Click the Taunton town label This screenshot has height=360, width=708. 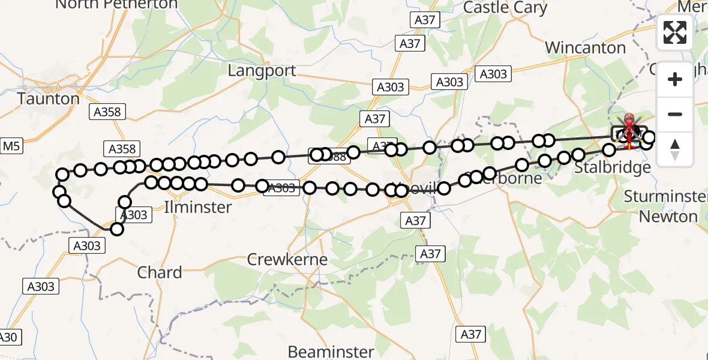coord(49,98)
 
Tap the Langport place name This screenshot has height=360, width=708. coord(262,70)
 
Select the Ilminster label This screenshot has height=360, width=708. coord(198,207)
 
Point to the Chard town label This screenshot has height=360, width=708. coord(160,272)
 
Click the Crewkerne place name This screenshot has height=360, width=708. coord(287,260)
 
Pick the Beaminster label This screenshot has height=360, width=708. coord(331,351)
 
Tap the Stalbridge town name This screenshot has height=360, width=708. coord(612,167)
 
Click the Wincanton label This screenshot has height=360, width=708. coord(585,47)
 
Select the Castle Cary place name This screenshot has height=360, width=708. coord(505,8)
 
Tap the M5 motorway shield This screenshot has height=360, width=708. coord(11,146)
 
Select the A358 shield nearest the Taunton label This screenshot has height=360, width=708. coord(107,112)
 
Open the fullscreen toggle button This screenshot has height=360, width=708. coord(675,32)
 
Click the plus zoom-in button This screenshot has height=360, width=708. coord(675,79)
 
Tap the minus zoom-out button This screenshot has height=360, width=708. coord(675,114)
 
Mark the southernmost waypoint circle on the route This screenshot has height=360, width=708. coord(117,229)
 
